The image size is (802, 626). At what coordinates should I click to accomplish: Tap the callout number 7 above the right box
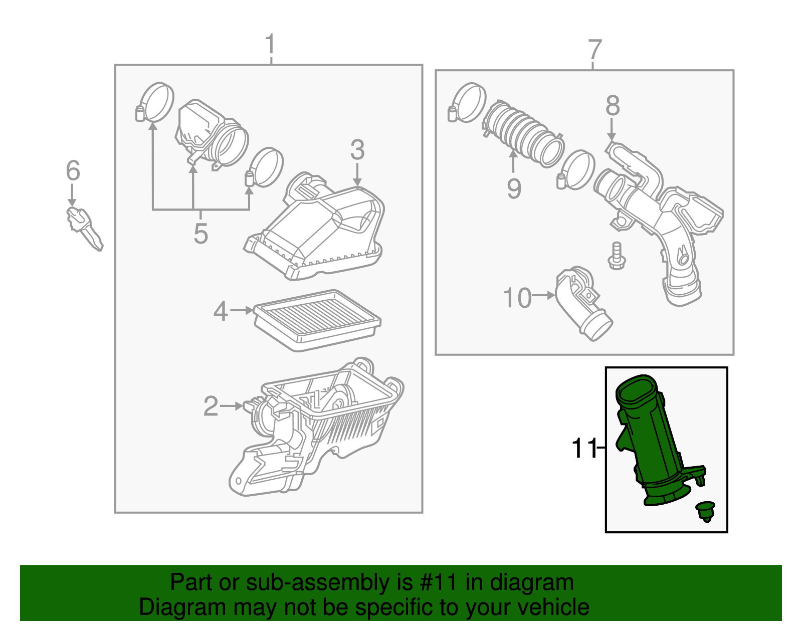coord(594,50)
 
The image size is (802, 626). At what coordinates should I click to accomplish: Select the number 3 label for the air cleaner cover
coord(357,150)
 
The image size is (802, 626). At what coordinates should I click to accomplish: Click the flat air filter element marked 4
coord(317,319)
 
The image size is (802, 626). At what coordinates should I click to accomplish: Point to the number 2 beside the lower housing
coord(211,406)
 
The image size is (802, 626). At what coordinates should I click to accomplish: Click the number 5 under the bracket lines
coord(200,234)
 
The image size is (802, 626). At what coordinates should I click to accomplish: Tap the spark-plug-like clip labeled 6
coord(84,228)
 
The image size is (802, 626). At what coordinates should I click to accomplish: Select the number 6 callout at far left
coord(73,171)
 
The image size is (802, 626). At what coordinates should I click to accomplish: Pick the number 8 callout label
coord(613,106)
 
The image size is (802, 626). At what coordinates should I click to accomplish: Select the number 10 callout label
coord(517,298)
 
